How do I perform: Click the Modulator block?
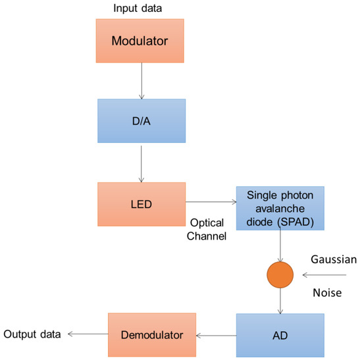coord(140,40)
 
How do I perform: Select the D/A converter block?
coord(141,120)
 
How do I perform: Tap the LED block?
coord(141,205)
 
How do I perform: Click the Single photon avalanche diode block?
coord(280,208)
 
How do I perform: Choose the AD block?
coord(280,335)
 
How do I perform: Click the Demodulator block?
coord(152,335)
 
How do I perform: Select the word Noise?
coord(326,293)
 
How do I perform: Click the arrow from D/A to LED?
coord(141,163)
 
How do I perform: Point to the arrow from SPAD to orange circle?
coord(281,245)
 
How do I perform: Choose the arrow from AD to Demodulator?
coord(217,336)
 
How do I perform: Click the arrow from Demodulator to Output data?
coord(86,335)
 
